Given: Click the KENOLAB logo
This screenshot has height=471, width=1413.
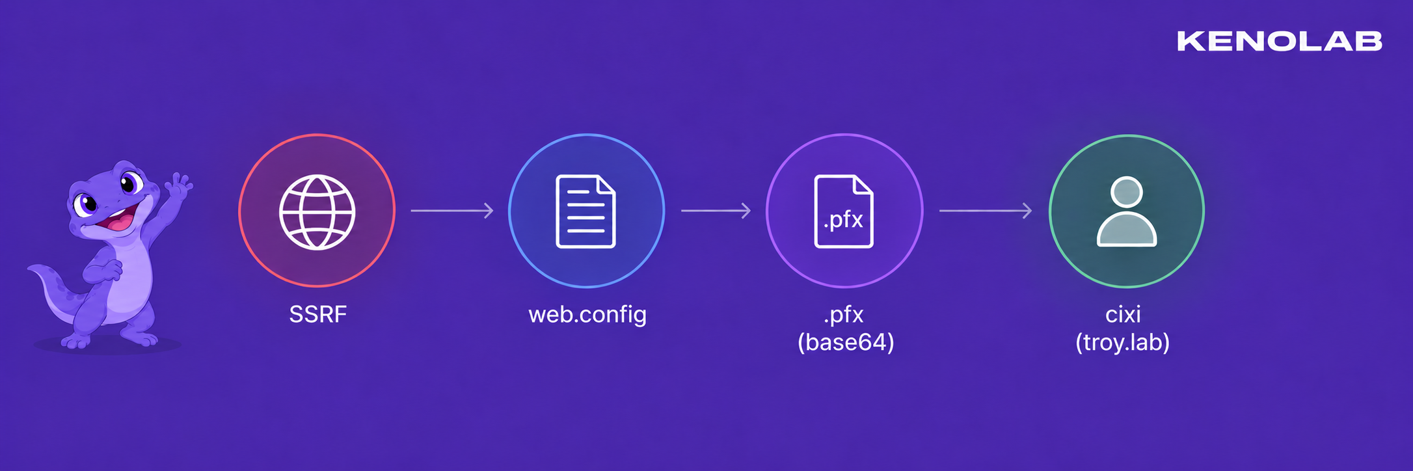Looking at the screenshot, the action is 1280,41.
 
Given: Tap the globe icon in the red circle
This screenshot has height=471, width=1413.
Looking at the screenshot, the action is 317,212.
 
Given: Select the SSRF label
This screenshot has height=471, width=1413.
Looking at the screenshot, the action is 318,315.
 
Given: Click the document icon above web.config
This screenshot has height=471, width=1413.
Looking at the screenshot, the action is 585,211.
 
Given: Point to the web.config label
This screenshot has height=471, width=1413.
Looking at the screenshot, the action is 587,316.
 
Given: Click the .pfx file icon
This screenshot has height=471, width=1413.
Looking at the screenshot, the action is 844,211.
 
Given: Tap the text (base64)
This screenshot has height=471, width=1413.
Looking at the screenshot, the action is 846,343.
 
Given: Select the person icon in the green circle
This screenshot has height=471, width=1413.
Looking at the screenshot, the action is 1127,211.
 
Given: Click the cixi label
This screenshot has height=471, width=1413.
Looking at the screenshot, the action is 1124,315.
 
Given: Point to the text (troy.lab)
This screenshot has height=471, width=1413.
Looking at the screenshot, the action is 1123,343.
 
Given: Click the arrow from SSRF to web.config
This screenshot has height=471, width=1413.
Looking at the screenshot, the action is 452,211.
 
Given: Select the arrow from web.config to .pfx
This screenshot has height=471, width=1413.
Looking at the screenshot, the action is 716,211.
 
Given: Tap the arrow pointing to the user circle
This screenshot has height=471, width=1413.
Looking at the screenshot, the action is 986,211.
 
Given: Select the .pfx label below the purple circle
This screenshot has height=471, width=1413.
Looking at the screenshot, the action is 844,316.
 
